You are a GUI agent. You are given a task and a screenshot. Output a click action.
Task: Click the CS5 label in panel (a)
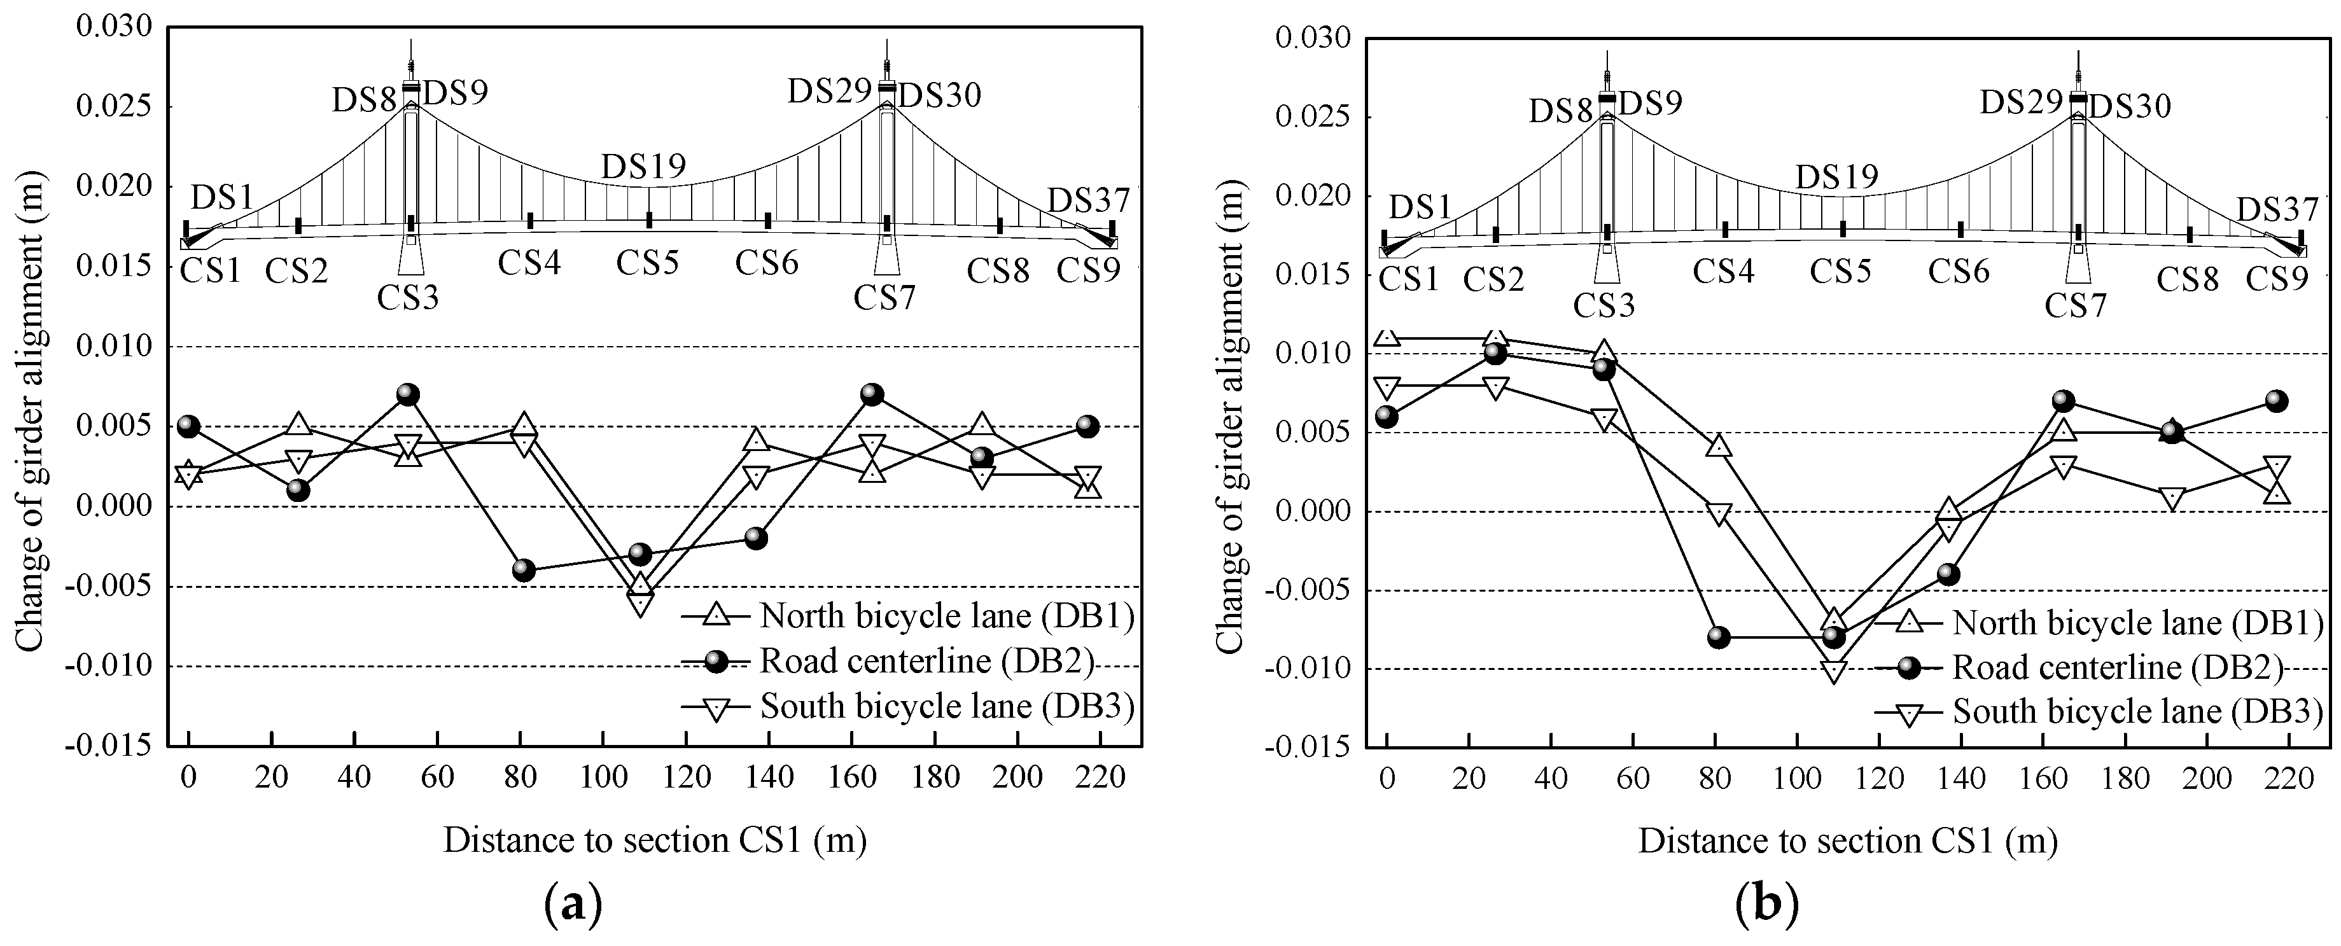tap(648, 263)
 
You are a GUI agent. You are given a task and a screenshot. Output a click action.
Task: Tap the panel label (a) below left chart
tap(573, 905)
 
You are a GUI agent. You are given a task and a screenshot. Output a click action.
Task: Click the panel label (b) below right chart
tap(1766, 905)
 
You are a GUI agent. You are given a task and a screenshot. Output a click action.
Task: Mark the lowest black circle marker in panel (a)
tap(524, 571)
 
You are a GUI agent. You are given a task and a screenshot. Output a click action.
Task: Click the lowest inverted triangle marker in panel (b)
tap(1834, 672)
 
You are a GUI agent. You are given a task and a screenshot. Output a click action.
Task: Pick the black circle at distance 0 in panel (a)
tap(188, 426)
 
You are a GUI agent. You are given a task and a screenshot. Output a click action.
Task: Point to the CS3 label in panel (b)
tap(1604, 305)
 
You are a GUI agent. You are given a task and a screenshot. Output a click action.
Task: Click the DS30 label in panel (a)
tap(940, 95)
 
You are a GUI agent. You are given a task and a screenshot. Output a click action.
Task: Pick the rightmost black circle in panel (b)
tap(2275, 401)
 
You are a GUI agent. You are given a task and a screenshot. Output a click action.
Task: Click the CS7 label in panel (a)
tap(884, 297)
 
